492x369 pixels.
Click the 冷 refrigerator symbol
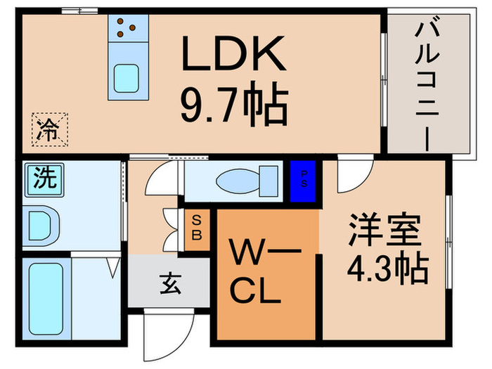click(x=50, y=128)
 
